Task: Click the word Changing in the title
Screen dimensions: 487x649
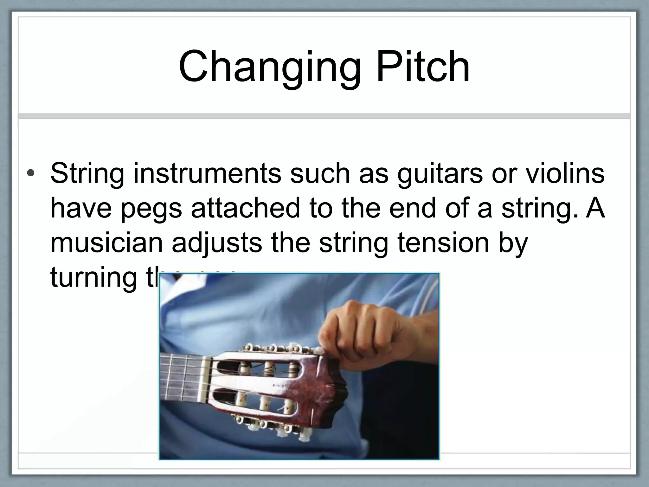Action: pyautogui.click(x=270, y=68)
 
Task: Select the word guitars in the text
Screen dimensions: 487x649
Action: pyautogui.click(x=440, y=173)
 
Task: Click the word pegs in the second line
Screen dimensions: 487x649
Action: pyautogui.click(x=151, y=209)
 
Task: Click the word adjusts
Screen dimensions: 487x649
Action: pyautogui.click(x=217, y=243)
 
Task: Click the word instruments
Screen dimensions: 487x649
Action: pyautogui.click(x=207, y=173)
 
